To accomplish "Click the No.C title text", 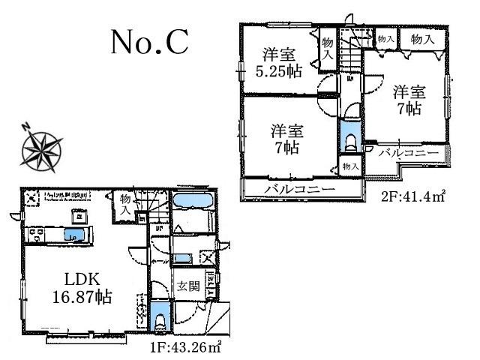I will (149, 43).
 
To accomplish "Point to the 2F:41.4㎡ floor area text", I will (415, 198).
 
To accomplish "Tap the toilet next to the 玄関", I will (159, 318).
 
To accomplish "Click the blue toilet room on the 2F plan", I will (349, 139).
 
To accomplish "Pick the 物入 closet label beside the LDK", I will (124, 204).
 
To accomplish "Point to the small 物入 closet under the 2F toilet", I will (349, 166).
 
